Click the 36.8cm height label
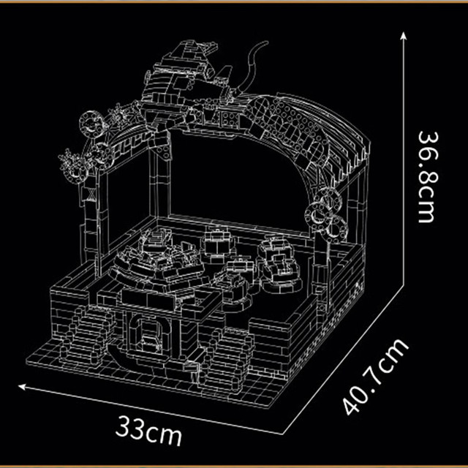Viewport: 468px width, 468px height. pos(428,177)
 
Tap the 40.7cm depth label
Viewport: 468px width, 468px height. pos(375,377)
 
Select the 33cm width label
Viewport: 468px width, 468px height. pos(148,430)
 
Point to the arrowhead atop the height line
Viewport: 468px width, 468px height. pos(403,36)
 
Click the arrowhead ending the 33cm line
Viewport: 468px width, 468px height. pos(22,387)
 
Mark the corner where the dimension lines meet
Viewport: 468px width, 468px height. pos(282,434)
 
